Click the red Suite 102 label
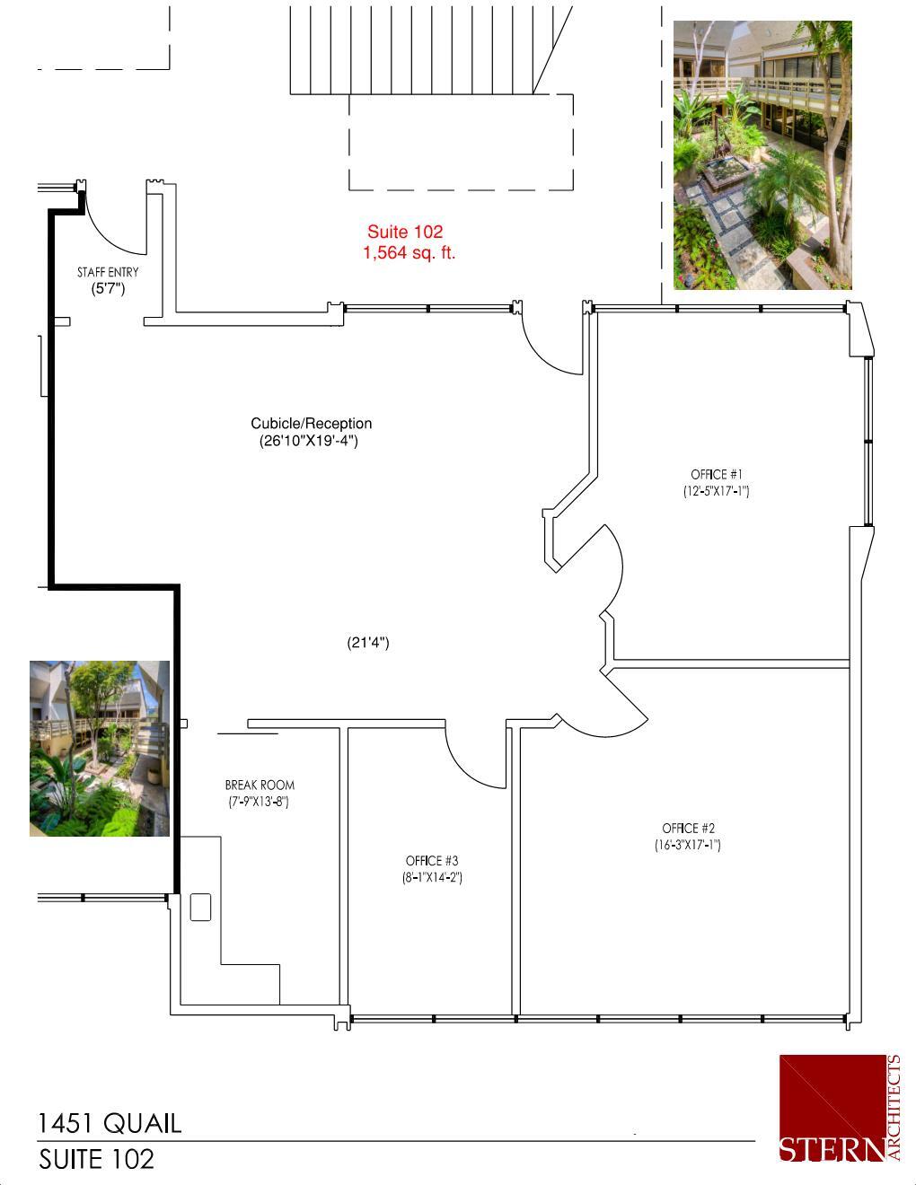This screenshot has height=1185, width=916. (404, 233)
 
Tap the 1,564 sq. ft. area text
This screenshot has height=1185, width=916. (409, 253)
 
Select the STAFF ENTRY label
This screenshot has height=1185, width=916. (108, 272)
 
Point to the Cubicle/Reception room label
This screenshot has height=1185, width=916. (311, 424)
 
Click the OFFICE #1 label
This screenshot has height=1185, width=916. (717, 474)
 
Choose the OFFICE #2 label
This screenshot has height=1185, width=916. (688, 829)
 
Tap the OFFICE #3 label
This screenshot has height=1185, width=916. (432, 861)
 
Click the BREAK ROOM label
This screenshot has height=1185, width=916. (260, 785)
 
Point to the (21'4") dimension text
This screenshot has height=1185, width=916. (368, 643)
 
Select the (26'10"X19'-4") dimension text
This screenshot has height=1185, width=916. (309, 441)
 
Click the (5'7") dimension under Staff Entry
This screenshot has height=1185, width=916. (108, 289)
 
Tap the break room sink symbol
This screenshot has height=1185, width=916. (199, 907)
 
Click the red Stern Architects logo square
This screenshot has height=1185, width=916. (832, 1108)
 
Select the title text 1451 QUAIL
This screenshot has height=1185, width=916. (110, 1123)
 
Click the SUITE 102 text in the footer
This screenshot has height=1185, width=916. (96, 1159)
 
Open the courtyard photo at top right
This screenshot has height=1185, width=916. (762, 155)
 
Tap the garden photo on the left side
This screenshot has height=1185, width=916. (100, 749)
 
